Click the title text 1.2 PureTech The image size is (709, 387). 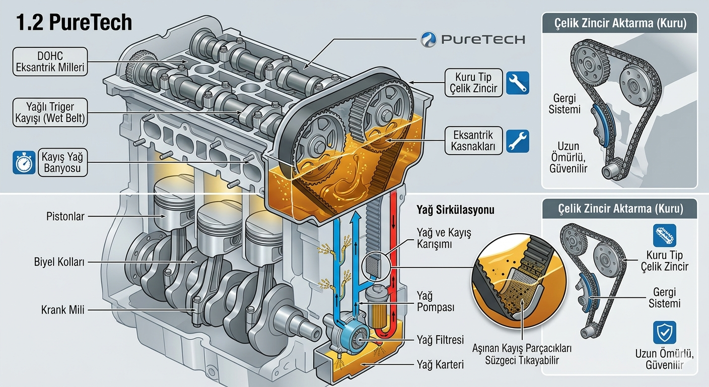pos(75,23)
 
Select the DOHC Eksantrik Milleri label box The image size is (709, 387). pos(50,62)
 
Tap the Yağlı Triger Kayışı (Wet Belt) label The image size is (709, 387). pos(50,112)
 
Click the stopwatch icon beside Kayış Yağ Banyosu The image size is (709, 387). pos(24,162)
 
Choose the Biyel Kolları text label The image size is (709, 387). pos(59,262)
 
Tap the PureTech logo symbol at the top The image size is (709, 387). pos(430,39)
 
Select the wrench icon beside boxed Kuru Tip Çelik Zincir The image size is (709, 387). pos(517,83)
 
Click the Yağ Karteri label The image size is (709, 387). pos(440,364)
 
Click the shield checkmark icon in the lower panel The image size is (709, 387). pos(664,333)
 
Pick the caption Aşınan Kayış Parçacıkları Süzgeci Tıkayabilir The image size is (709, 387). pos(522,354)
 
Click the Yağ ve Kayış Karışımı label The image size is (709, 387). pos(437,238)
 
